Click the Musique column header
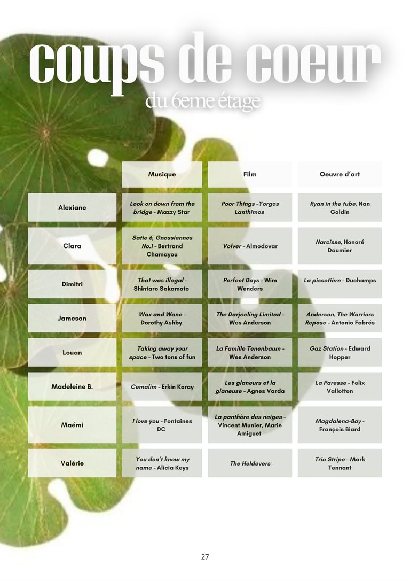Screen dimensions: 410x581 162,174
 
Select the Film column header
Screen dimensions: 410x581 250,174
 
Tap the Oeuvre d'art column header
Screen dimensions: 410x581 340,174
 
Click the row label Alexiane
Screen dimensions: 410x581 72,207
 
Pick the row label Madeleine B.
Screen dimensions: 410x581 72,386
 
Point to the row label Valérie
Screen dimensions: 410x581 72,463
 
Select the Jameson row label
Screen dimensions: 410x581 72,319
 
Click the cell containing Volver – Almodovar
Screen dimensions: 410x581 250,246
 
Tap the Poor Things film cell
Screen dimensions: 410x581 250,207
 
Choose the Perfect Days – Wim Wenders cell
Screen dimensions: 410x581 250,284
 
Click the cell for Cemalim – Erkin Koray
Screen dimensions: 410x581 162,386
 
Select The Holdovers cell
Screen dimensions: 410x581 250,463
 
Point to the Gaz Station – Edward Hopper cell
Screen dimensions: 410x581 340,353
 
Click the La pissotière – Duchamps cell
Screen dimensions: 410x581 340,281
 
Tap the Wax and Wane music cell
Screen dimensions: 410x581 162,319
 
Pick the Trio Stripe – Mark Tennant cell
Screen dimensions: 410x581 340,463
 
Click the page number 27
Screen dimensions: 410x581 205,557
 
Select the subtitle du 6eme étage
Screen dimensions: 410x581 203,102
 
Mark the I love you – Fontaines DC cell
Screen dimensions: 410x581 162,425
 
